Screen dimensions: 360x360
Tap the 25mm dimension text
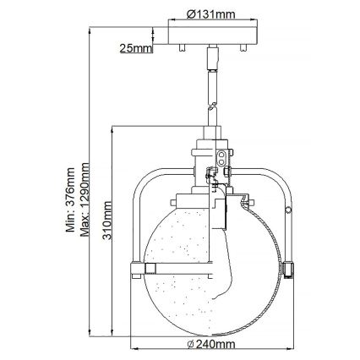pyautogui.click(x=136, y=47)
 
